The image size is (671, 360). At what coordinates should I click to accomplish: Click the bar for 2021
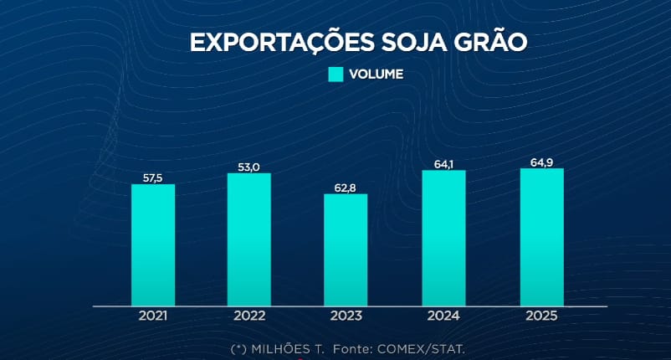[x=153, y=244]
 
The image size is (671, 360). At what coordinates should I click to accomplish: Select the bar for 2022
[x=248, y=239]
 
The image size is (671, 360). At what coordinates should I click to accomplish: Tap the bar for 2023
[x=346, y=249]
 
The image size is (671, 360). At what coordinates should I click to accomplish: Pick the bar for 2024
[x=443, y=238]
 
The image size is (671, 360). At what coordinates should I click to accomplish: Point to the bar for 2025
[x=541, y=237]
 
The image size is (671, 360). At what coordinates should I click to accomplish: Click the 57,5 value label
[x=153, y=177]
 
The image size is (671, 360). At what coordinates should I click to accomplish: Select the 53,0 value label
[x=248, y=167]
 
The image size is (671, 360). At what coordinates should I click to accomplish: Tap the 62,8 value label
[x=346, y=188]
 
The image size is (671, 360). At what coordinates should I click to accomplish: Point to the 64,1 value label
[x=443, y=164]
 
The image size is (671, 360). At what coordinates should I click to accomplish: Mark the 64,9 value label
[x=541, y=162]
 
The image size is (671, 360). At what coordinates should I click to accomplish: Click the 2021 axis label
[x=153, y=316]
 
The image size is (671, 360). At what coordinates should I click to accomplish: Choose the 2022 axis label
[x=248, y=316]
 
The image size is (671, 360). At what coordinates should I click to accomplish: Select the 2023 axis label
[x=346, y=316]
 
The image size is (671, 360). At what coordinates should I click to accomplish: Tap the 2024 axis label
[x=443, y=316]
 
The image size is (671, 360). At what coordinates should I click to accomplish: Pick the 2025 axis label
[x=541, y=316]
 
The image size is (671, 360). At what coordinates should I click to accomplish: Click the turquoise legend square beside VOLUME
[x=335, y=74]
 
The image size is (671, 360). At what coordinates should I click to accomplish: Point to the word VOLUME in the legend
[x=376, y=74]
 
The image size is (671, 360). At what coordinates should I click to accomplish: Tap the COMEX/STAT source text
[x=423, y=347]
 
